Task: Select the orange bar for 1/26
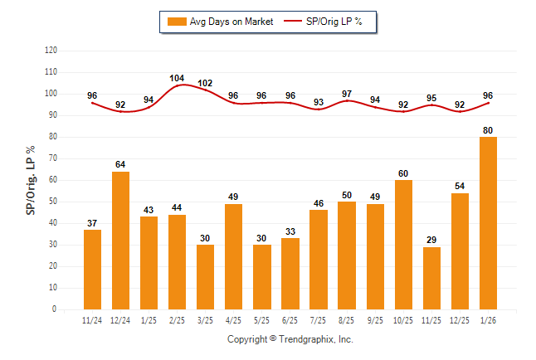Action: coord(488,222)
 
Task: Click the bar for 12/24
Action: coord(120,240)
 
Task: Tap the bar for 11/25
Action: coord(431,278)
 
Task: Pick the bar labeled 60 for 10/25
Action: coord(403,244)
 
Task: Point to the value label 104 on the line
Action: coord(177,78)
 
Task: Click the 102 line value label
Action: coord(205,83)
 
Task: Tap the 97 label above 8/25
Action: coord(347,94)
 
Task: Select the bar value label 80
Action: coord(488,129)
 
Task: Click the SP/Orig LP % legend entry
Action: coord(323,22)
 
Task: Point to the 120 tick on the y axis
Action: coord(51,51)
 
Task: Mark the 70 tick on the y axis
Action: coord(52,158)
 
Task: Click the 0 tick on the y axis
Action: coord(55,309)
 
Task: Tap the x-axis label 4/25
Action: coord(233,320)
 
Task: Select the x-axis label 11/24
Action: coord(92,320)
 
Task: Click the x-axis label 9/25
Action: coord(375,320)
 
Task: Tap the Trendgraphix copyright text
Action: coord(290,339)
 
